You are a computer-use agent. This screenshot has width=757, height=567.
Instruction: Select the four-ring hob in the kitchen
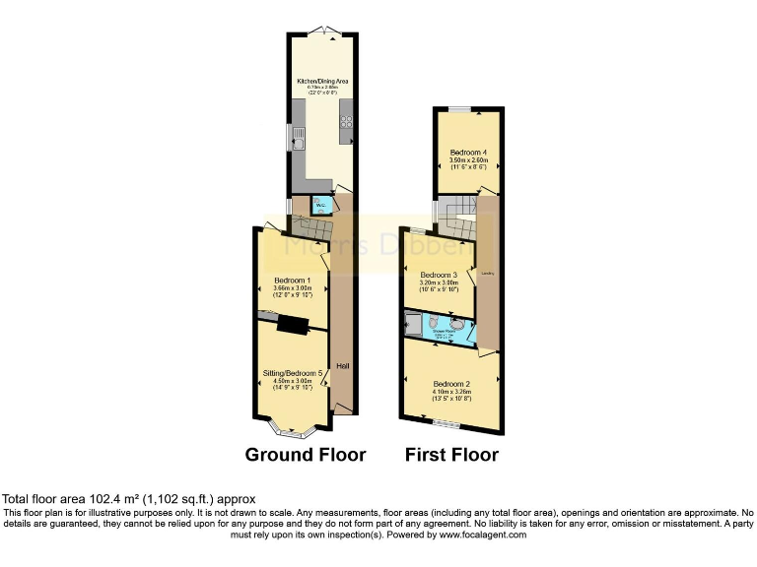(x=346, y=122)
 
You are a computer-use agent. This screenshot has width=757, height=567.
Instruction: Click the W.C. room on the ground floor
(x=319, y=206)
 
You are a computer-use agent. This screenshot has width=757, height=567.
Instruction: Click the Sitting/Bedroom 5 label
(x=294, y=373)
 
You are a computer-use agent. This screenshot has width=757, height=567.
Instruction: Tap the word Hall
(x=342, y=367)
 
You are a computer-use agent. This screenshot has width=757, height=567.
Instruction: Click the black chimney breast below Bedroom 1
(x=292, y=324)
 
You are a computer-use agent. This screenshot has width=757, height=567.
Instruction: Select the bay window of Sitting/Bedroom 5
(x=292, y=430)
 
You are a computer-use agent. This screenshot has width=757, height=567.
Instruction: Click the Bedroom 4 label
(x=469, y=153)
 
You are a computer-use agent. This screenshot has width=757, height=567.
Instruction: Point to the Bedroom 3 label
(x=440, y=275)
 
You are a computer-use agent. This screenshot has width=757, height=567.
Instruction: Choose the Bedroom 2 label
(x=451, y=384)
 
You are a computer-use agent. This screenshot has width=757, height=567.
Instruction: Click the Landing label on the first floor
(x=486, y=273)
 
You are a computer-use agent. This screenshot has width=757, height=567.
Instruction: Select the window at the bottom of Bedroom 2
(x=447, y=424)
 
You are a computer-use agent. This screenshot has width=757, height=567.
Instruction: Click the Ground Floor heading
(x=306, y=455)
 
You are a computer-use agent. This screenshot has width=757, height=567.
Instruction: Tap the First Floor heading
(x=451, y=455)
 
